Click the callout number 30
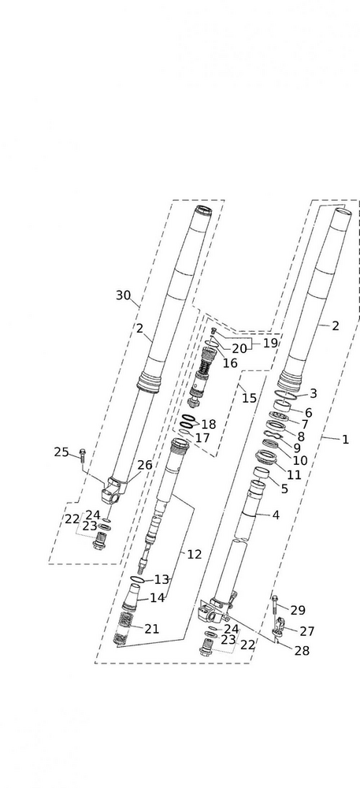(123, 295)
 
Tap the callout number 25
(61, 452)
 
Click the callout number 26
(145, 466)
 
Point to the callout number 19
(270, 344)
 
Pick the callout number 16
(230, 362)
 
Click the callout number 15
(249, 399)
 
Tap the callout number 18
(209, 424)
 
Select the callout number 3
(314, 393)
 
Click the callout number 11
(294, 474)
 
